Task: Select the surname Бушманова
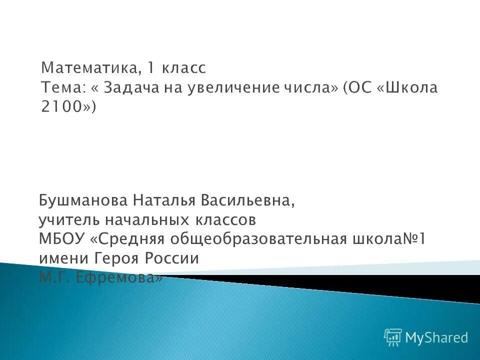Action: point(82,200)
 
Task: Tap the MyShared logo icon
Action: point(393,338)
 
